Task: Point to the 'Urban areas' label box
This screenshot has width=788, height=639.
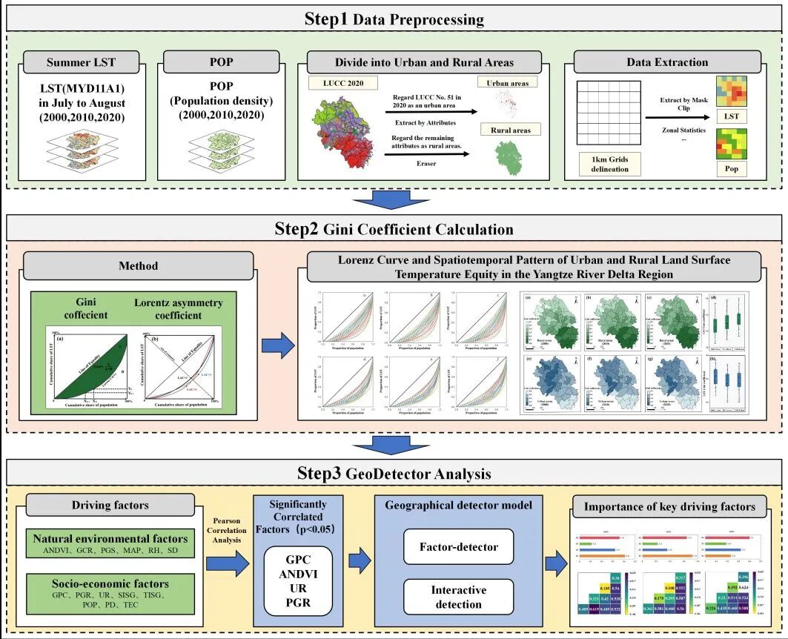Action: pyautogui.click(x=509, y=84)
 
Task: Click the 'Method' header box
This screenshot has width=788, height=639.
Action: pyautogui.click(x=139, y=265)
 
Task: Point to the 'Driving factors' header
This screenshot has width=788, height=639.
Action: pyautogui.click(x=110, y=506)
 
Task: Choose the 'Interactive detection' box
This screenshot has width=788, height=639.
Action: pyautogui.click(x=458, y=597)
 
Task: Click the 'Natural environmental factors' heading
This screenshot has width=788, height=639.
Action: pyautogui.click(x=110, y=539)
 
